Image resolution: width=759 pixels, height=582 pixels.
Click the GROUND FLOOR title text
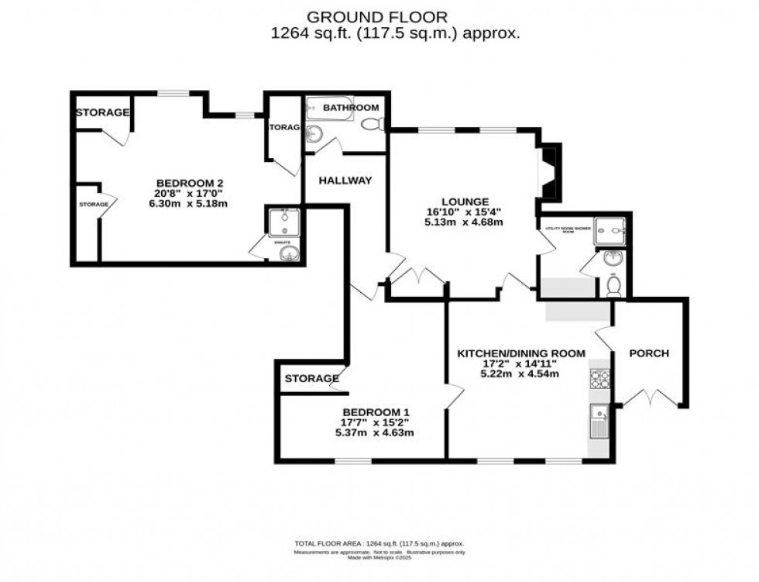tap(377, 16)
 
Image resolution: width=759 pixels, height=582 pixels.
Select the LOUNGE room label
tap(464, 199)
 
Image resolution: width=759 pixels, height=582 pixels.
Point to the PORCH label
tap(648, 353)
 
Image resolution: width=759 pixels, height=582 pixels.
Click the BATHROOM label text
tap(351, 108)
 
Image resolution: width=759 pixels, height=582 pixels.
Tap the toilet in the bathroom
tap(371, 124)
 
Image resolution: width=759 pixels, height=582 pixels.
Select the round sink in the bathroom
tap(314, 134)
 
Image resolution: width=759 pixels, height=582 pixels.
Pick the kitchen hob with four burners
tap(600, 379)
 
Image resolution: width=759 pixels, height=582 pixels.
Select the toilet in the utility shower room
tap(613, 287)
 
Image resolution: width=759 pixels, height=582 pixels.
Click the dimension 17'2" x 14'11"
tap(518, 363)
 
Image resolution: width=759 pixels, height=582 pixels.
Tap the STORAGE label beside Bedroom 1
tap(311, 379)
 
